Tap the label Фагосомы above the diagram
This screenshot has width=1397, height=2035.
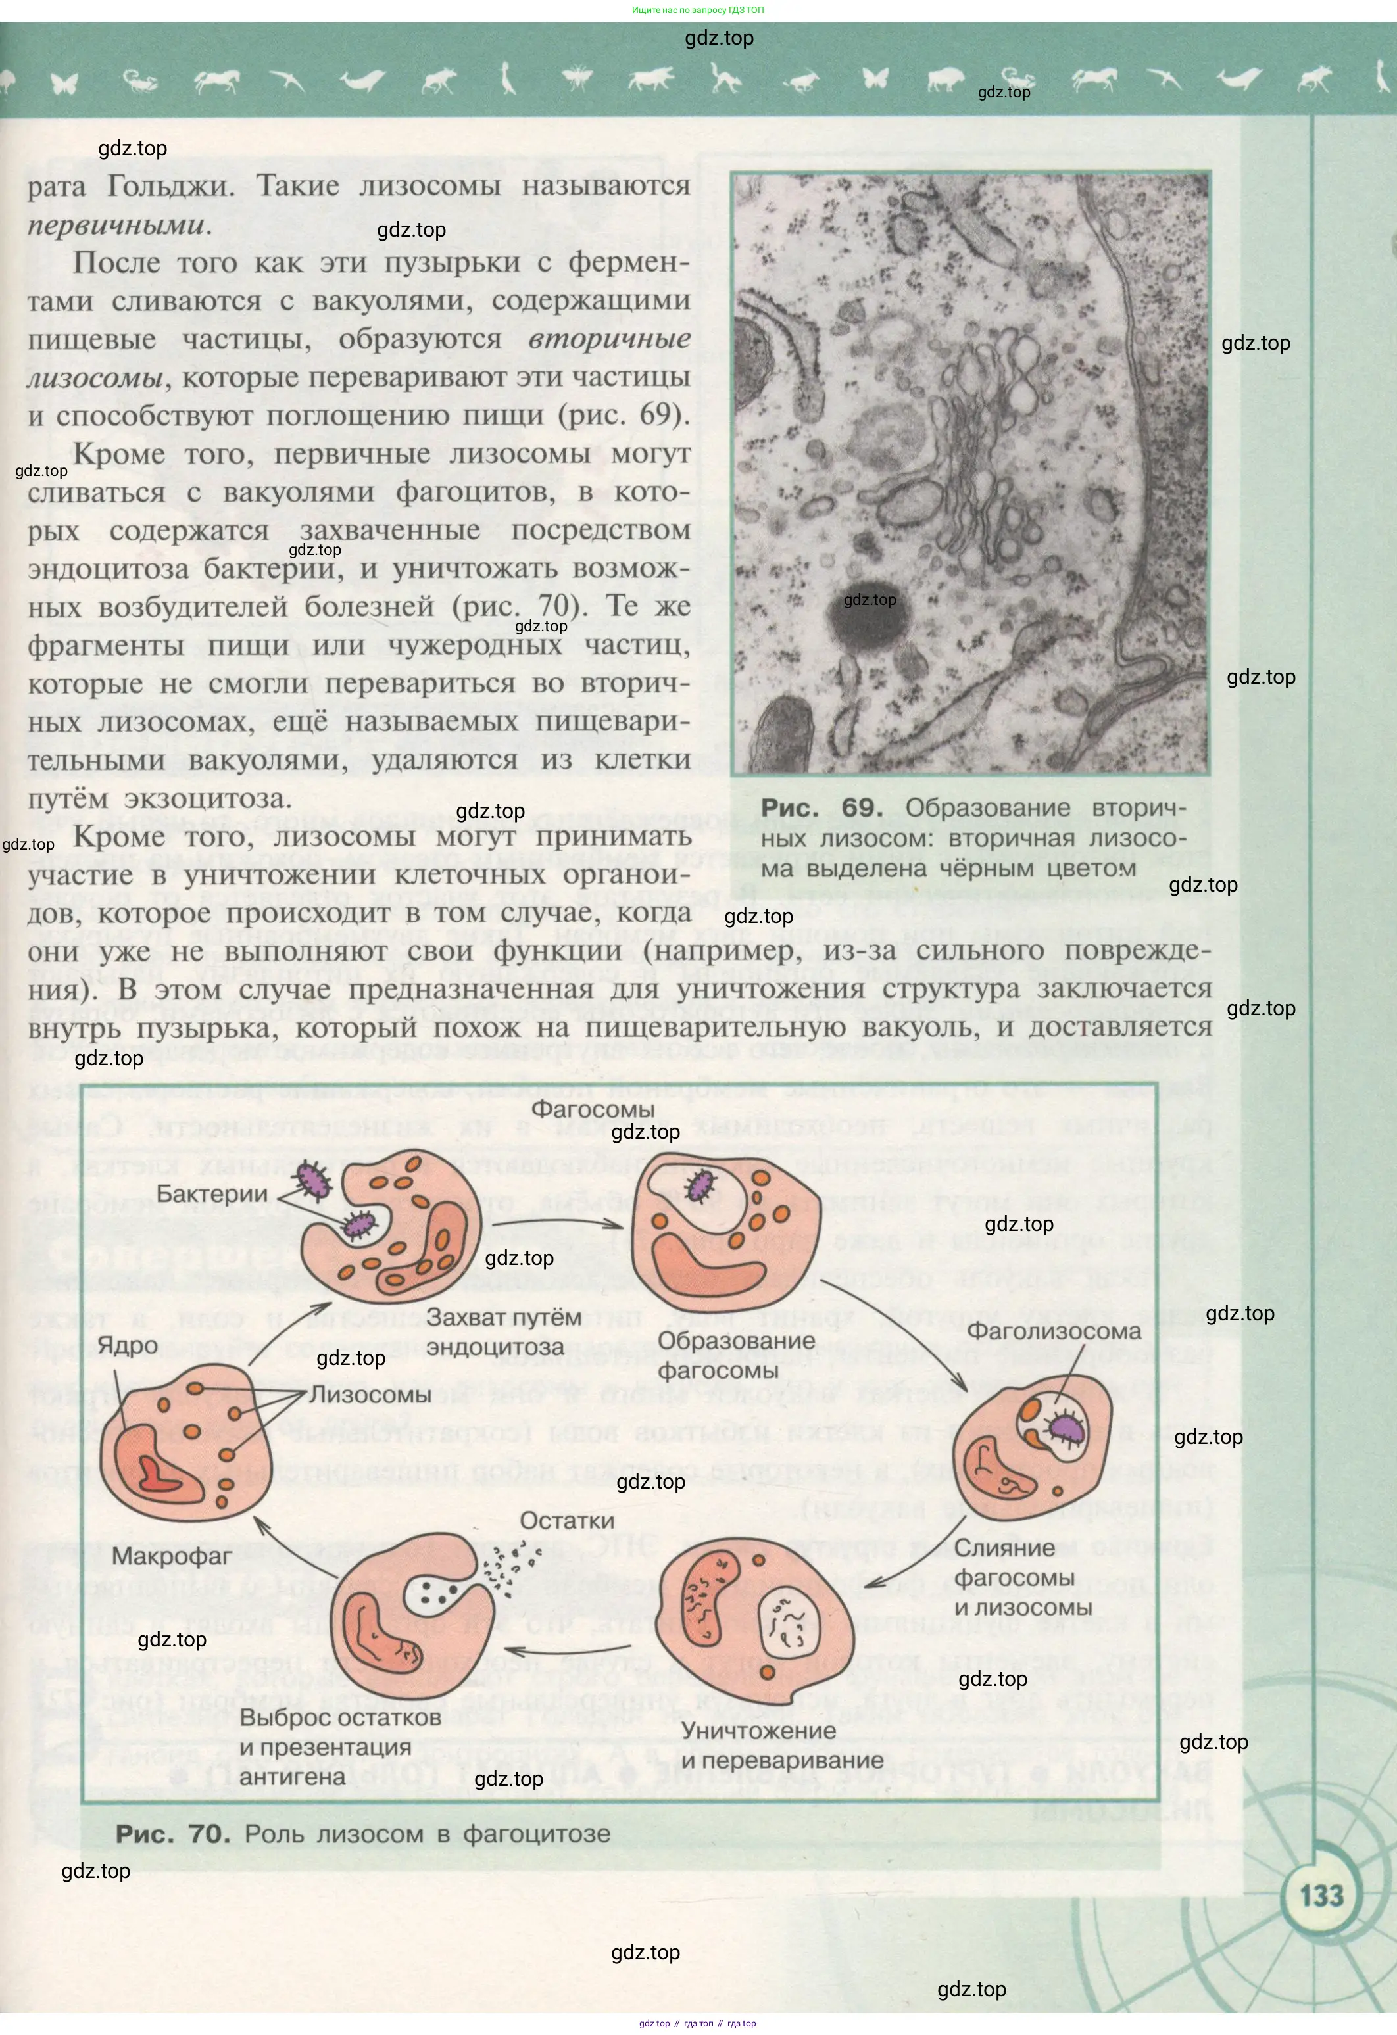pyautogui.click(x=593, y=1109)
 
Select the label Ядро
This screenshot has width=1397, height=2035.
pyautogui.click(x=127, y=1346)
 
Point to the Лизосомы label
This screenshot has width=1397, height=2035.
pyautogui.click(x=370, y=1394)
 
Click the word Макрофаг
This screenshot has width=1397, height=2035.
pyautogui.click(x=172, y=1556)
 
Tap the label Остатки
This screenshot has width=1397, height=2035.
pyautogui.click(x=567, y=1520)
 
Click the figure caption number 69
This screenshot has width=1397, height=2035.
pyautogui.click(x=861, y=807)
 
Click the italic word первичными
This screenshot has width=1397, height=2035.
pyautogui.click(x=116, y=225)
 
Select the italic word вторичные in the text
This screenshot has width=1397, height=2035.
pyautogui.click(x=609, y=339)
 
